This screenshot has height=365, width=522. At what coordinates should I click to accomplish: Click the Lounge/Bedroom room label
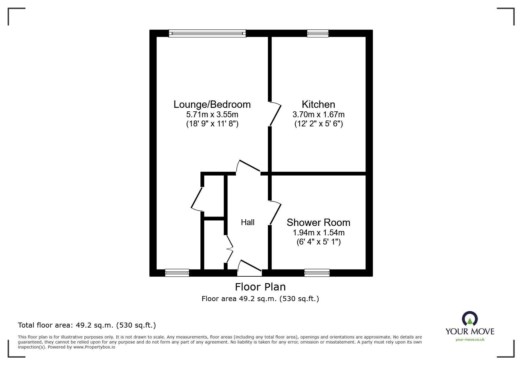pyautogui.click(x=212, y=105)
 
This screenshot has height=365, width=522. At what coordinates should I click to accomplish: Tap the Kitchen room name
pyautogui.click(x=318, y=105)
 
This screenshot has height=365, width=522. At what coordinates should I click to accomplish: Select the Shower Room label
pyautogui.click(x=318, y=222)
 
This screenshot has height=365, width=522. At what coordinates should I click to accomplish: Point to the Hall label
pyautogui.click(x=248, y=222)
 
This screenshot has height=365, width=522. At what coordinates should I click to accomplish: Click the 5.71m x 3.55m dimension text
pyautogui.click(x=212, y=114)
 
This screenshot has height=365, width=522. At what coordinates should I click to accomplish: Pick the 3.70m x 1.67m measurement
pyautogui.click(x=318, y=114)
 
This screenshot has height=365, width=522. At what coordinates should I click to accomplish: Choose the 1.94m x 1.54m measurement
pyautogui.click(x=318, y=232)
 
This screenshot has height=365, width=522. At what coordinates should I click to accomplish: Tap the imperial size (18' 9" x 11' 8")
pyautogui.click(x=212, y=124)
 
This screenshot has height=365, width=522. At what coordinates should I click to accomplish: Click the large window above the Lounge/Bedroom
pyautogui.click(x=207, y=33)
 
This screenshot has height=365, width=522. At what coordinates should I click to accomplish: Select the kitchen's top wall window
pyautogui.click(x=318, y=33)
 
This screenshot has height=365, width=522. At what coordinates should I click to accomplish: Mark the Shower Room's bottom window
pyautogui.click(x=317, y=273)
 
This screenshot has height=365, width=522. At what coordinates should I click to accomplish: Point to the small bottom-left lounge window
pyautogui.click(x=177, y=273)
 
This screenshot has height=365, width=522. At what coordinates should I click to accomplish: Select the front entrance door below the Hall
pyautogui.click(x=249, y=269)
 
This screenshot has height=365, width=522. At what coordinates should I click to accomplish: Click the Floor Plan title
pyautogui.click(x=260, y=287)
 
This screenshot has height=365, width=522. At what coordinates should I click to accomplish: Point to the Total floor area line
pyautogui.click(x=87, y=325)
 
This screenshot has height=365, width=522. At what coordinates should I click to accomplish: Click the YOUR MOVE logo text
pyautogui.click(x=470, y=331)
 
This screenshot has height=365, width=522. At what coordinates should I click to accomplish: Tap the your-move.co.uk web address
pyautogui.click(x=470, y=340)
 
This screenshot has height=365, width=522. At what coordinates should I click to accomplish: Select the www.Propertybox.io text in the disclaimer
pyautogui.click(x=94, y=347)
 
